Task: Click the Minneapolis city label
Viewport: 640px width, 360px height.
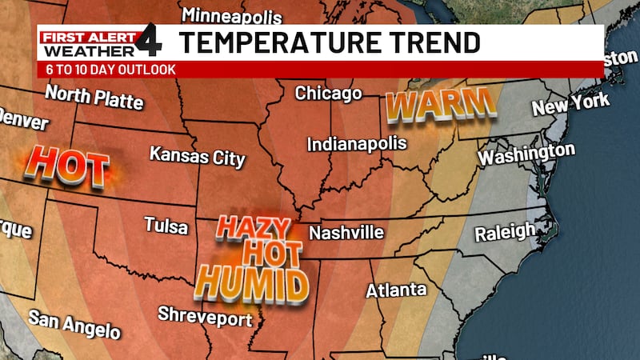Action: pyautogui.click(x=232, y=15)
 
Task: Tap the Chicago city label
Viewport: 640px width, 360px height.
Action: pyautogui.click(x=328, y=94)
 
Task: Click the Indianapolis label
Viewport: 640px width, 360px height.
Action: pyautogui.click(x=358, y=145)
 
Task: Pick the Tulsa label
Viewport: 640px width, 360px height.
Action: pyautogui.click(x=166, y=226)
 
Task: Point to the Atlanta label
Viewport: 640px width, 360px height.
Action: pyautogui.click(x=396, y=290)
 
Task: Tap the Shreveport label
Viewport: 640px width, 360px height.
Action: pyautogui.click(x=205, y=317)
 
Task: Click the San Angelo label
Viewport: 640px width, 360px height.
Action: pyautogui.click(x=74, y=324)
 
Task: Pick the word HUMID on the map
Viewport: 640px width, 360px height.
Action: pyautogui.click(x=252, y=283)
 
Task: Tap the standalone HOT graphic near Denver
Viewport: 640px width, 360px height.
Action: pyautogui.click(x=66, y=167)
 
